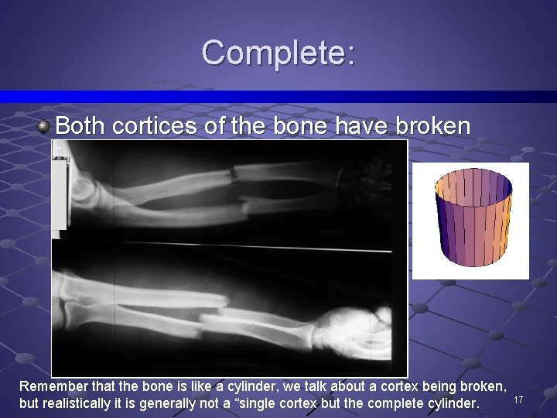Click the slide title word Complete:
[278, 53]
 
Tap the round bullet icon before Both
[46, 125]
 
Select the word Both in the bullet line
[80, 125]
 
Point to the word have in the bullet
[366, 125]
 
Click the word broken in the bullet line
[432, 125]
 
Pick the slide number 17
[519, 399]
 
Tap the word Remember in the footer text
[51, 386]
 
